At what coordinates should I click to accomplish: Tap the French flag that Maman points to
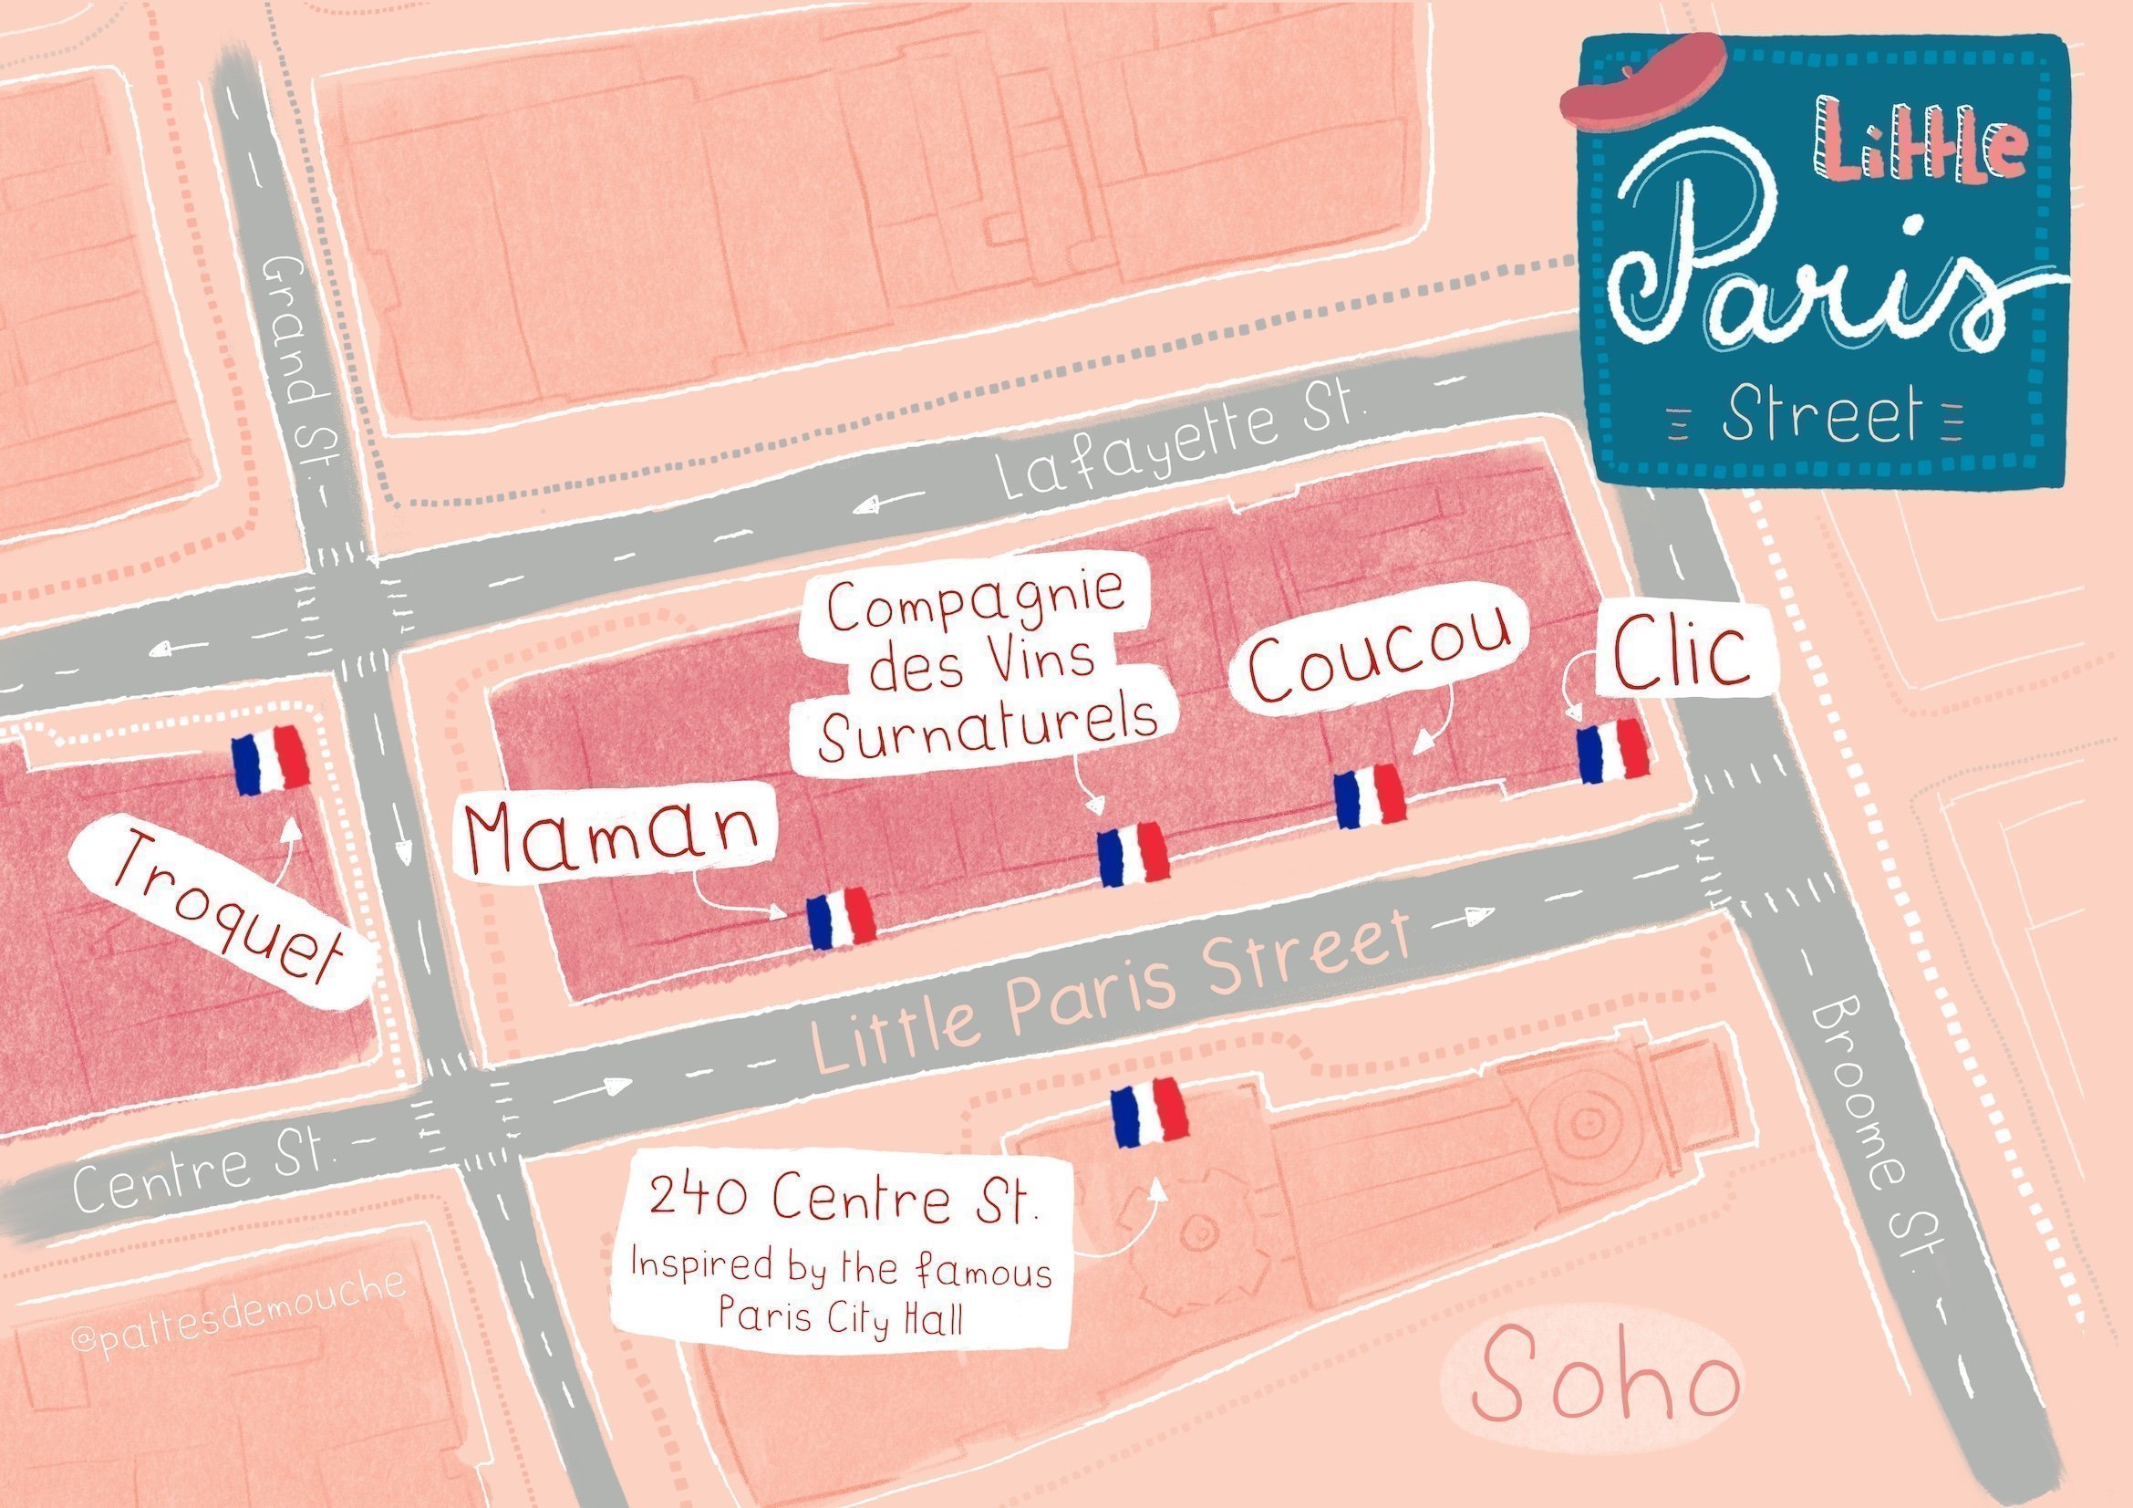[x=840, y=918]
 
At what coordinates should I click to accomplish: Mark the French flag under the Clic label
[x=1614, y=750]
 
